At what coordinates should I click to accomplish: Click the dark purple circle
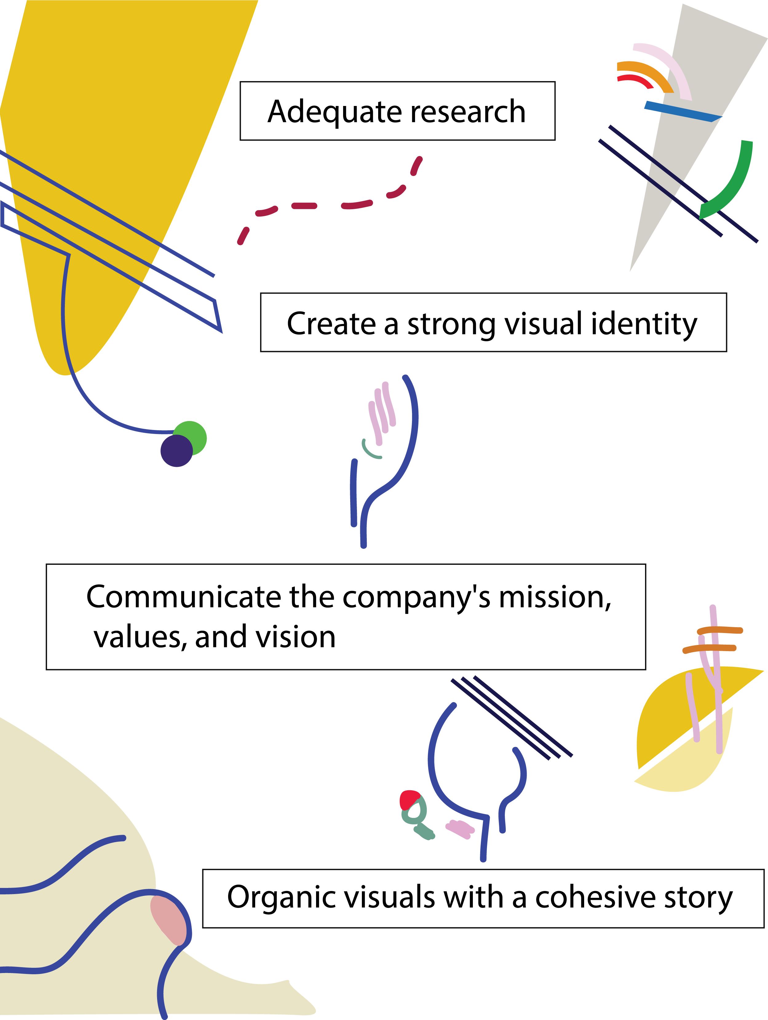[x=176, y=451]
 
